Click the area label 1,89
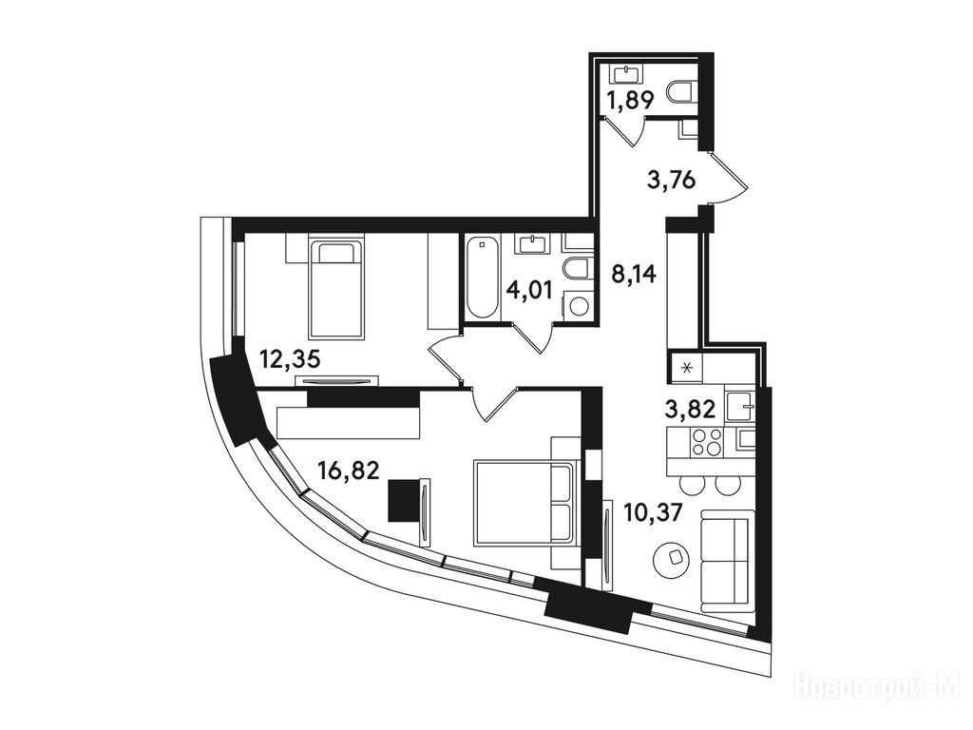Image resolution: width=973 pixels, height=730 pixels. (x=631, y=100)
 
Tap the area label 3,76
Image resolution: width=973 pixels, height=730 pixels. (x=671, y=181)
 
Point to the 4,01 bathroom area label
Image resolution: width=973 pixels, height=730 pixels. (x=528, y=289)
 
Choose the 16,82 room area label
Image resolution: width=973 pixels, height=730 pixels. (x=348, y=471)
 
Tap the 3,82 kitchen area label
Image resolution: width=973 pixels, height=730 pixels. (x=690, y=409)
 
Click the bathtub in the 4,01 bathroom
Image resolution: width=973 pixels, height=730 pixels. (x=482, y=278)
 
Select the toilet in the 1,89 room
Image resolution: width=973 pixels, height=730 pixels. (x=682, y=93)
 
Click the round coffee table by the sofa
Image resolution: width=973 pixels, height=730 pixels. (x=672, y=558)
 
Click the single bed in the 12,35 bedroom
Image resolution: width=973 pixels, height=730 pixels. (x=335, y=290)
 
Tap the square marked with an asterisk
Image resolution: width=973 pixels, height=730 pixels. (x=686, y=368)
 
